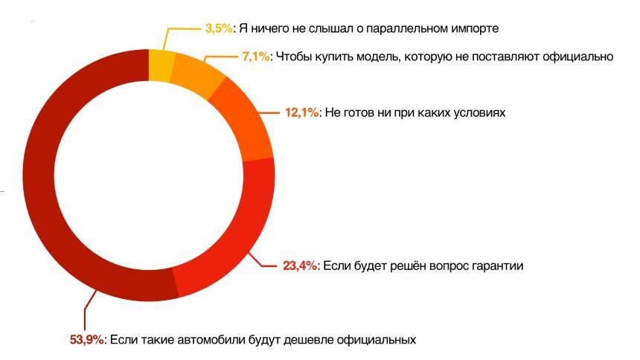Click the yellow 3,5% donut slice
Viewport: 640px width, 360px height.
(161, 65)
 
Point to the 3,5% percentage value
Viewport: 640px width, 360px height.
(219, 28)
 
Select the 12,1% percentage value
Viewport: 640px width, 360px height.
(301, 112)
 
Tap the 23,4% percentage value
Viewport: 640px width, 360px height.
(298, 266)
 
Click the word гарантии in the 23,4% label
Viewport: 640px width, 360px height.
(499, 266)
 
